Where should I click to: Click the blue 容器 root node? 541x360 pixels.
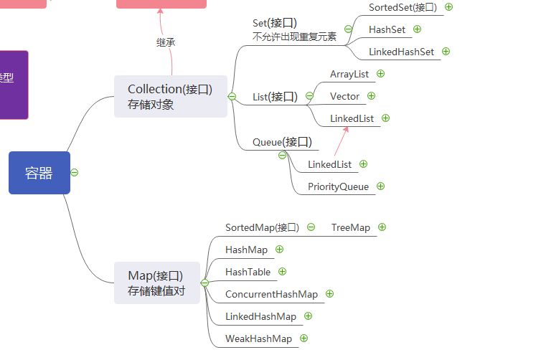point(39,173)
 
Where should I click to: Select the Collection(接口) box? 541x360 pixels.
point(171,96)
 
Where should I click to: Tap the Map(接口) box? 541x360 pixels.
point(157,283)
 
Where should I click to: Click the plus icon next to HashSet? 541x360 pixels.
point(417,29)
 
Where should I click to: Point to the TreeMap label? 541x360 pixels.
point(351,227)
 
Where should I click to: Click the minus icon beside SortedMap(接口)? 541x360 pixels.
point(311,227)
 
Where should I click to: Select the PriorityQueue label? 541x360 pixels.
point(338,187)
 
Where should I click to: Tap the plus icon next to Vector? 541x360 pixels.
point(371,96)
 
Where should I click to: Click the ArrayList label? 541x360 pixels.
point(349,74)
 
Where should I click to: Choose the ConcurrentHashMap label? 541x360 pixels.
point(271,294)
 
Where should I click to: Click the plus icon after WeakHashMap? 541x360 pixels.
point(304,338)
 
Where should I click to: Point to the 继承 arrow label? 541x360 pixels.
point(166,42)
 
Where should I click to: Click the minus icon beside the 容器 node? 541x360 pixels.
point(74,172)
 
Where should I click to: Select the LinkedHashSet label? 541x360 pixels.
point(401,52)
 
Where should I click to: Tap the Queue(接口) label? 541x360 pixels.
point(282,142)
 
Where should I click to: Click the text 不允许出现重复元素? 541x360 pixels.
point(294,37)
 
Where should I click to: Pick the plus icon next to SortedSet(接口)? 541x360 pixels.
point(448,7)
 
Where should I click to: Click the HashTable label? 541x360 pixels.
point(248,272)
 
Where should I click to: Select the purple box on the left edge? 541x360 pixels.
point(14,85)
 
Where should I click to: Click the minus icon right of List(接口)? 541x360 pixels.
point(309,95)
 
